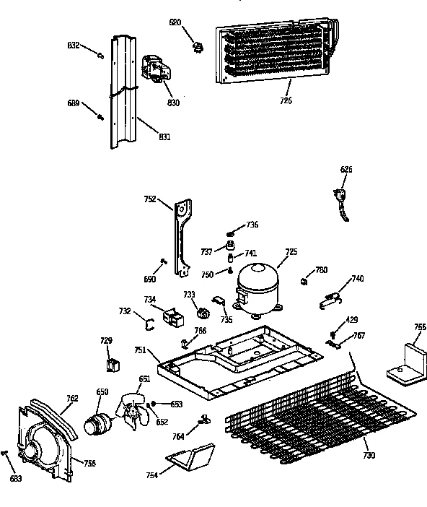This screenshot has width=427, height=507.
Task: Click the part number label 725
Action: click(291, 252)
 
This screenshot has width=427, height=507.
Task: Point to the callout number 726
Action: click(286, 100)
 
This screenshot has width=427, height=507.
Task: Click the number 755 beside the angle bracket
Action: click(420, 327)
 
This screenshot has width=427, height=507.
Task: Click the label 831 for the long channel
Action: click(164, 136)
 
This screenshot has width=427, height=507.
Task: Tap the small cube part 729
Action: click(112, 365)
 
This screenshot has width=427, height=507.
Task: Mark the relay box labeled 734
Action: click(172, 316)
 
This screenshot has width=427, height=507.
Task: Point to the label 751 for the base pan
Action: click(141, 350)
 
